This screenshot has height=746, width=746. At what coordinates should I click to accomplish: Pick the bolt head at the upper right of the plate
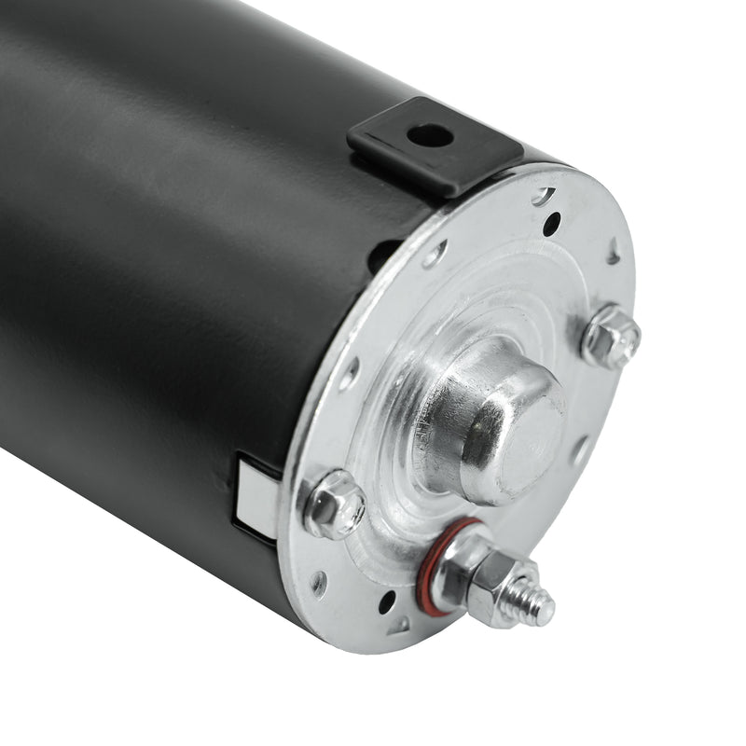[x=611, y=336]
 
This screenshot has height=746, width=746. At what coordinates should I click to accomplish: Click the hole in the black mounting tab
[x=430, y=135]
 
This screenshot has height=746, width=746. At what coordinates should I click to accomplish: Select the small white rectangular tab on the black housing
[x=256, y=494]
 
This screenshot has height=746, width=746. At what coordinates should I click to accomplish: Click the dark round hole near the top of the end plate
[x=552, y=224]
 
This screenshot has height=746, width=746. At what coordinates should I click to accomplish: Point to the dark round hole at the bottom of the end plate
[x=386, y=602]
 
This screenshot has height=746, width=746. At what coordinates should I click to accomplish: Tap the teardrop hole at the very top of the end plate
[x=543, y=196]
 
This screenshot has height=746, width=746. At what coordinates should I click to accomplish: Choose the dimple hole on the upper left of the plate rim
[x=435, y=255]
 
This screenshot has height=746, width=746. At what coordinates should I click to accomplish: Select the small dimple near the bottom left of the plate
[x=320, y=583]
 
